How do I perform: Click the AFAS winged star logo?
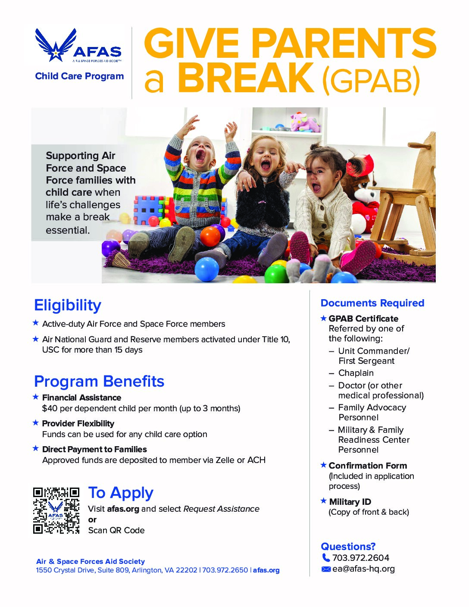pos(56,45)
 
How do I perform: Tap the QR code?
pos(56,510)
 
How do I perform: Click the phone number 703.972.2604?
pos(360,558)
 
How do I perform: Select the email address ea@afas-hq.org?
pos(363,569)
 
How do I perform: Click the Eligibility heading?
pos(68,305)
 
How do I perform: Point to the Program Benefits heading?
pos(99,382)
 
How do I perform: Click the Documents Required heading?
pos(372,303)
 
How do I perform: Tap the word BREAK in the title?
pos(246,78)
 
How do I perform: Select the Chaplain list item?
pos(356,373)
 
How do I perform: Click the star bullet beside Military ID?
pos(324,501)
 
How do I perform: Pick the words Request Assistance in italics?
pos(221,509)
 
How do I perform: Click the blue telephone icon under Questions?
pos(326,558)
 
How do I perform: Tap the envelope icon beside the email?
pos(326,569)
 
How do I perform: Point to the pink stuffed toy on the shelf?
pos(305,122)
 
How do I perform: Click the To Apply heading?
pos(121,493)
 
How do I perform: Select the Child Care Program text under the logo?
pos(79,76)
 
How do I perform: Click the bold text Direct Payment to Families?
pos(94,449)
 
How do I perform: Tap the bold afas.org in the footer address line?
pos(266,570)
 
